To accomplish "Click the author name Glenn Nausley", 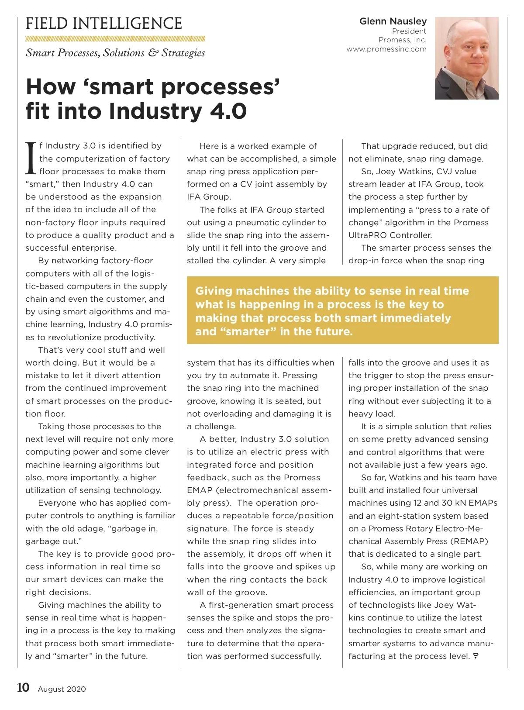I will (393, 21).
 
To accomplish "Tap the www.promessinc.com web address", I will (386, 49).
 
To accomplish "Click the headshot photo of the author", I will (466, 58).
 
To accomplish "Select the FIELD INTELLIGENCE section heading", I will (104, 24).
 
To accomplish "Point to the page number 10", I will (23, 688).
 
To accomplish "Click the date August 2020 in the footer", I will (62, 689).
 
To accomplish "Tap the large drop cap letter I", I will (31, 158).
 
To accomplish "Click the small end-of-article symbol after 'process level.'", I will (476, 656).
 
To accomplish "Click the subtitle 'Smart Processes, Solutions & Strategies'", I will (115, 53).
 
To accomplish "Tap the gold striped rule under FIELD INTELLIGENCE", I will (115, 38).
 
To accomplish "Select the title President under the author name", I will (409, 31).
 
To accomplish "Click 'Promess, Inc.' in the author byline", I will (402, 40).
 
